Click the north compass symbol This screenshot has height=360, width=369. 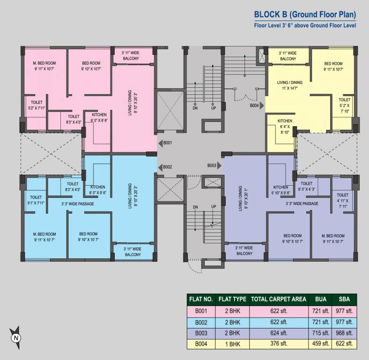click(16, 337)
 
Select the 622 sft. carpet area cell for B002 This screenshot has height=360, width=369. click(279, 322)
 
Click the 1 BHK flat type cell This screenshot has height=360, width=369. click(232, 345)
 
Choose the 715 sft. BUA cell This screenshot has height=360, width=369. click(320, 333)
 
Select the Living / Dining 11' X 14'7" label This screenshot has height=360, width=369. click(290, 85)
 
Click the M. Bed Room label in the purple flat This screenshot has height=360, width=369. click(333, 239)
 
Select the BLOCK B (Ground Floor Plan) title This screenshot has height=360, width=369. click(305, 14)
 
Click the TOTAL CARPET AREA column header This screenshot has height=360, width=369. click(279, 299)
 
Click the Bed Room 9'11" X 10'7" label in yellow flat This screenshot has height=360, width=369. click(333, 67)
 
